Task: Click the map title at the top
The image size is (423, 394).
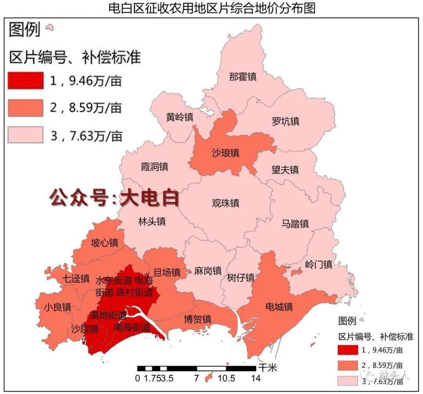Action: coord(212,8)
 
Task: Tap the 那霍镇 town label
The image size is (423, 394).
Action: coord(243,76)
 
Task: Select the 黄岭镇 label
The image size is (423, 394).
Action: coord(180,117)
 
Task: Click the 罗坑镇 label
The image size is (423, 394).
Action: coord(286,121)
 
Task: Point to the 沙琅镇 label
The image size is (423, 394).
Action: coord(225,153)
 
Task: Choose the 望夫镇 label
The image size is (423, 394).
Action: coord(285,169)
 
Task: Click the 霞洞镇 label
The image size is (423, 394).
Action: coord(155,167)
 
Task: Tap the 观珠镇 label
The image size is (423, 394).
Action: coord(225,203)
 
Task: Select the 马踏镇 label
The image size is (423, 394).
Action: coord(295,223)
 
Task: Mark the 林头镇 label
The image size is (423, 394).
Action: coord(152,222)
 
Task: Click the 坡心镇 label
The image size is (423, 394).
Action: coord(105,242)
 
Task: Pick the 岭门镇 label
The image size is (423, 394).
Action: coord(318,264)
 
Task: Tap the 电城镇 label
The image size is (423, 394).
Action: coord(279,306)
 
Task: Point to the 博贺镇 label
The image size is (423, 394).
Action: coord(198,319)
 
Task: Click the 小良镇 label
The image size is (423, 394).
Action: coord(57,307)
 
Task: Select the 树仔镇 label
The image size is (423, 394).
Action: coord(240,278)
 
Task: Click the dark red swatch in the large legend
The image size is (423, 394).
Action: coord(25,81)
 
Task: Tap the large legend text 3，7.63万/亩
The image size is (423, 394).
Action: coord(86,136)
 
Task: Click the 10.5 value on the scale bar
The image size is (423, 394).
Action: coord(226,378)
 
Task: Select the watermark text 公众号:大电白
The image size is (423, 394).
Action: coord(114,198)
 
